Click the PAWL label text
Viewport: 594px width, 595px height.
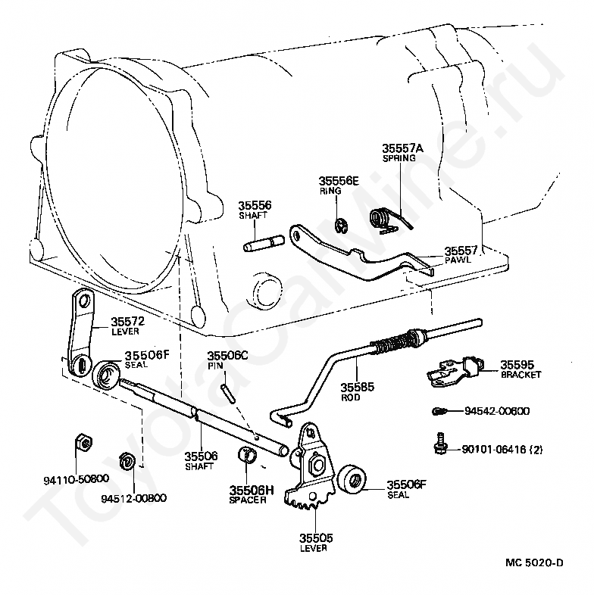click(x=457, y=260)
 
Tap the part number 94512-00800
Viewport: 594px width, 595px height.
click(x=133, y=498)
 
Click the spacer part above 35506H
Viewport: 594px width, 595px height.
click(x=247, y=456)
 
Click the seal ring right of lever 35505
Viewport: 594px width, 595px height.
click(x=352, y=480)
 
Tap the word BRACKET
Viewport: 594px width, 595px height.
click(x=521, y=375)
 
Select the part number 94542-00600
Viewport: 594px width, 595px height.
click(x=497, y=411)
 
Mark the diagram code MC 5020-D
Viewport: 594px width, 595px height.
click(x=536, y=562)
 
